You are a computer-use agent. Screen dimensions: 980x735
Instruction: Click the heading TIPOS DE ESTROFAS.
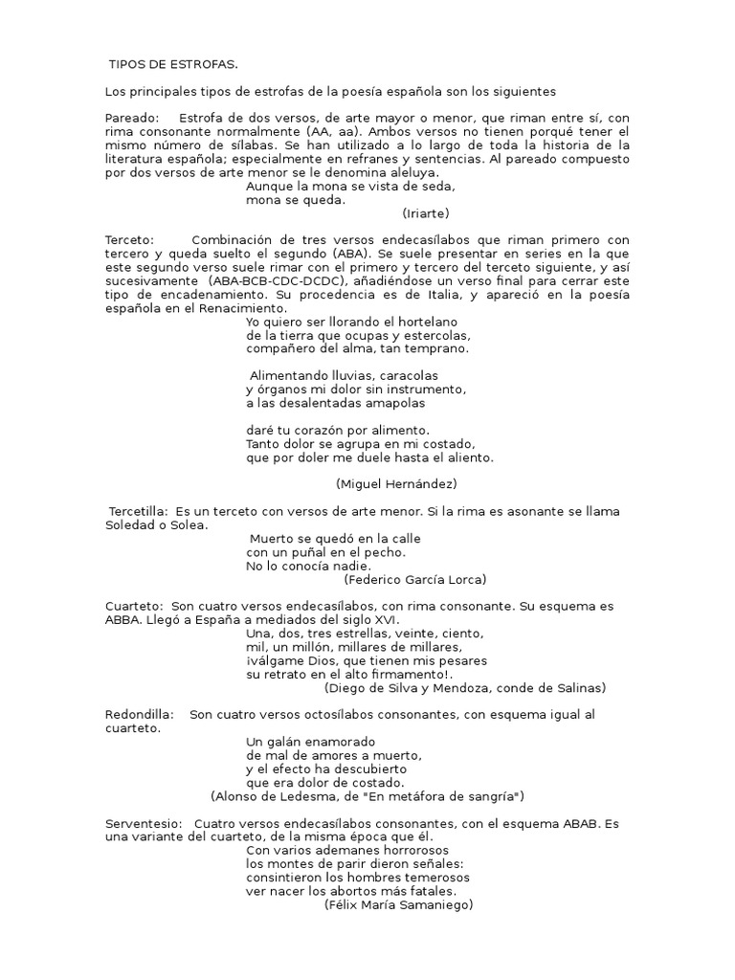(x=173, y=64)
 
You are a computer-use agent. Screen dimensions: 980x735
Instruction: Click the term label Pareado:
(x=133, y=118)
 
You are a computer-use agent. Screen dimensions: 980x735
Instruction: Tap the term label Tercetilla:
(x=140, y=512)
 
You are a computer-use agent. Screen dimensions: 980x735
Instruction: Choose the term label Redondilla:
(x=140, y=715)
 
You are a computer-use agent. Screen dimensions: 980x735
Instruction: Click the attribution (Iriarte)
(x=426, y=213)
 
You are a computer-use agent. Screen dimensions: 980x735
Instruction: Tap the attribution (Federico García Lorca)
(x=415, y=579)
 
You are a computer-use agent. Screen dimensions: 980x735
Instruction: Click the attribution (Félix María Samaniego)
(x=399, y=904)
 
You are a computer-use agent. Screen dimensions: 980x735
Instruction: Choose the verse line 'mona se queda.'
(x=296, y=200)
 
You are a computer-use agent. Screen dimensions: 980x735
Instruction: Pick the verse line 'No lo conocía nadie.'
(x=307, y=566)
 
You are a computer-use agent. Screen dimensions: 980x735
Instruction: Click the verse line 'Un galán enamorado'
(x=311, y=742)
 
